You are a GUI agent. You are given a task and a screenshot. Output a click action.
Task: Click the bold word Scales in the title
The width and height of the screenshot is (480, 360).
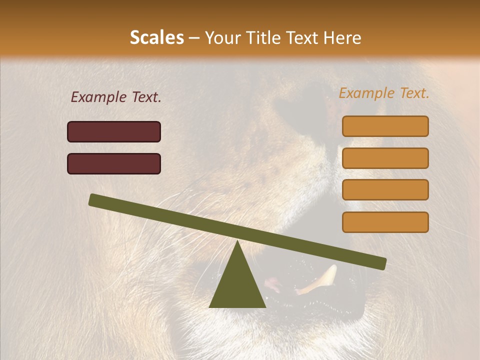tap(157, 38)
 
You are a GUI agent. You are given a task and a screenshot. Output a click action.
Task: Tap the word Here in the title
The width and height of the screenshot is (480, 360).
tap(343, 38)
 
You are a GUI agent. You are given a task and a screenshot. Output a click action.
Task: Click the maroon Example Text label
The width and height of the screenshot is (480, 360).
tap(116, 97)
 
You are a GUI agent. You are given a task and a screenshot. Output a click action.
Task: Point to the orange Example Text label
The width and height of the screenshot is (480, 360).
tap(384, 93)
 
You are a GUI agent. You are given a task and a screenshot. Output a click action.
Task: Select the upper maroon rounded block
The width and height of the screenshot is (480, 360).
tap(114, 131)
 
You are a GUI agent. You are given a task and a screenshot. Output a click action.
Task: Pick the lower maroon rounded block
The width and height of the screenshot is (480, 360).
tap(114, 163)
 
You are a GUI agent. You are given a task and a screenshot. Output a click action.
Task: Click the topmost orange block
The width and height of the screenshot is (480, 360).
tap(385, 126)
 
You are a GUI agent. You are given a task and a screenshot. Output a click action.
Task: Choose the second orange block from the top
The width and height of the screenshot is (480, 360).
tap(385, 158)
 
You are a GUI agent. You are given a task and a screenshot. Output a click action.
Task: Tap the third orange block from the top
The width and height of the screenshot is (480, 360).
tap(385, 190)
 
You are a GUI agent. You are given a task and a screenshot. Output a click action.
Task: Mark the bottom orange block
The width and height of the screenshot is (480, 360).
tap(385, 222)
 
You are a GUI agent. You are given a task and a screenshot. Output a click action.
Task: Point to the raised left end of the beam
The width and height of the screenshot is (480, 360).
tap(94, 199)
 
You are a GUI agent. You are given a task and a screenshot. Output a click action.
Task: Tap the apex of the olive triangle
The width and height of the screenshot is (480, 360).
tap(237, 242)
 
